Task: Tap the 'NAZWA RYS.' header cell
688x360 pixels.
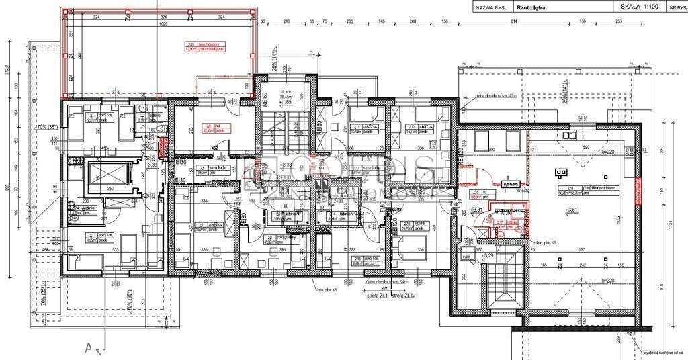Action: [x=490, y=7]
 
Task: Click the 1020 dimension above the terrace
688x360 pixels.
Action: [x=159, y=23]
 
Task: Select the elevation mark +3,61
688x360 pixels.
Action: [x=572, y=210]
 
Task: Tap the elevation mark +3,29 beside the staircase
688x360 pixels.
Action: [x=490, y=255]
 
